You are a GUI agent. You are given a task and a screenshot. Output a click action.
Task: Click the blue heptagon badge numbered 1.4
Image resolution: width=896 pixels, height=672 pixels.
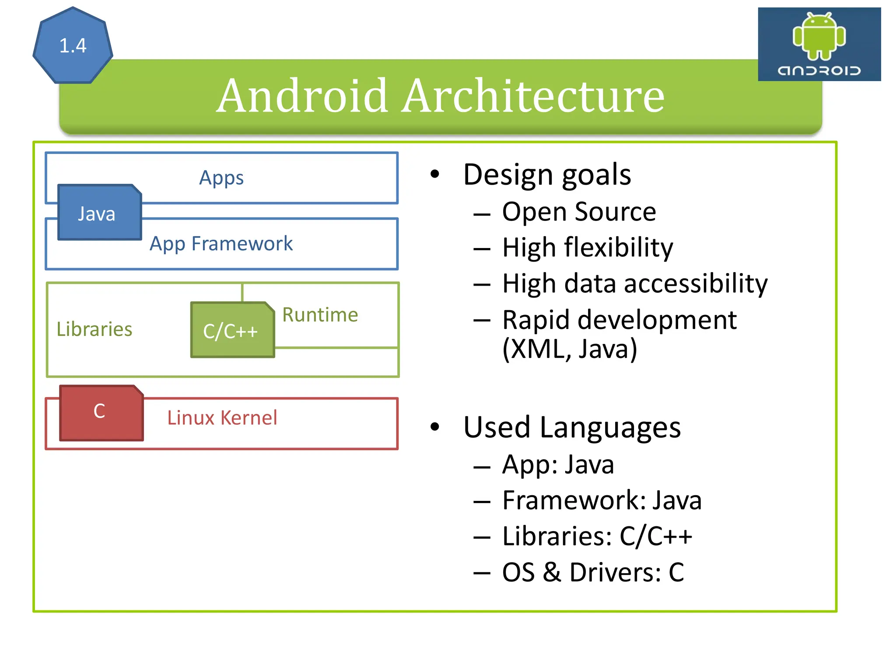point(73,46)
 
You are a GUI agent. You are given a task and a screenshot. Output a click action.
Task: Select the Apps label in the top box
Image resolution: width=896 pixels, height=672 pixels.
point(221,178)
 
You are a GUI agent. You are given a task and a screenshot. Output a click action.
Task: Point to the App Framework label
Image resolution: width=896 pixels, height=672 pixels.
point(221,244)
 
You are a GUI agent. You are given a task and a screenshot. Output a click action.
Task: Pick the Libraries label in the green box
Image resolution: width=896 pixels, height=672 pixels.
point(94,329)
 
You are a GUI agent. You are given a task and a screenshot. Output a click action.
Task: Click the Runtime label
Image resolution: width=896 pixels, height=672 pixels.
point(320,315)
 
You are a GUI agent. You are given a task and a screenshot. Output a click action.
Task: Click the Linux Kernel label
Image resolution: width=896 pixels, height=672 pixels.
point(222,418)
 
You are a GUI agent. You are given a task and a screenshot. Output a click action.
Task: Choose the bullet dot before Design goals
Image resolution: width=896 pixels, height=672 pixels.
point(434,174)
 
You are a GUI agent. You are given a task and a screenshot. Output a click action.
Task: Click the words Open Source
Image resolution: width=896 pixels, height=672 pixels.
point(579,212)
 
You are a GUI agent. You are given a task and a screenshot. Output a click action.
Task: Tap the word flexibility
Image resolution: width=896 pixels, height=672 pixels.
point(619,248)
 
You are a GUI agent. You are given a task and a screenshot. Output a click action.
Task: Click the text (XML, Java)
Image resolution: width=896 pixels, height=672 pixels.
point(570,349)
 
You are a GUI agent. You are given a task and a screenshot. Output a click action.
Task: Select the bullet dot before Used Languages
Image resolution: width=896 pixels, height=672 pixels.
point(434,427)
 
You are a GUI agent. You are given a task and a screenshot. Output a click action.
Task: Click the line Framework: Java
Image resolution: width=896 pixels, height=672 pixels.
point(602,500)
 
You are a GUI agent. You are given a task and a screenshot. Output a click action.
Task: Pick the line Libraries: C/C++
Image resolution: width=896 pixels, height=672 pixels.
point(597,536)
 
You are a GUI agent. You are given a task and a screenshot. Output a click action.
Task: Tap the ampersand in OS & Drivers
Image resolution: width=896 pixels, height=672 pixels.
point(552,572)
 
